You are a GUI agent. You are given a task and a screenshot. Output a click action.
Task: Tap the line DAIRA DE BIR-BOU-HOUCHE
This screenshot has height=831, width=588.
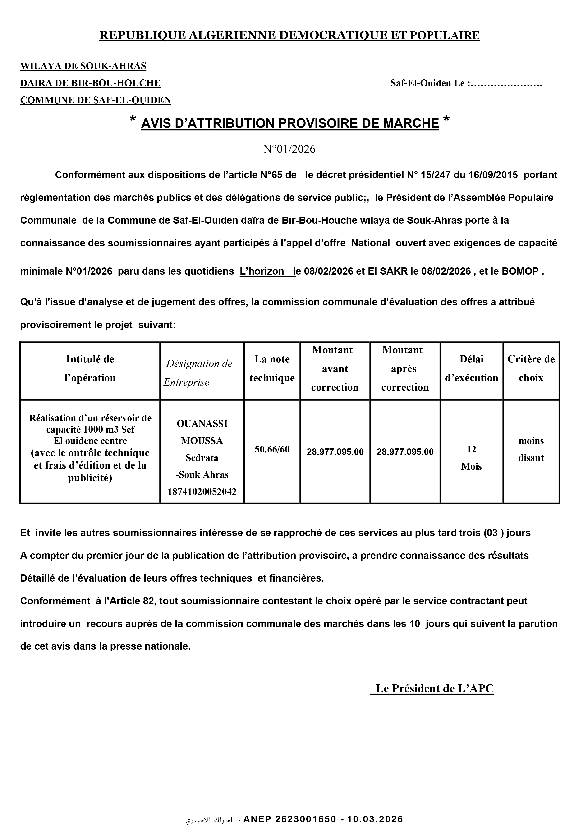click(x=90, y=83)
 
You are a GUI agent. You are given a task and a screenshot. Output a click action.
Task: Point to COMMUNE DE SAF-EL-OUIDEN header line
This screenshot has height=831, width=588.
click(x=95, y=100)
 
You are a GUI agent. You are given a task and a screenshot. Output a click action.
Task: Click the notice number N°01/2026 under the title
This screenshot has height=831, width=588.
click(x=289, y=149)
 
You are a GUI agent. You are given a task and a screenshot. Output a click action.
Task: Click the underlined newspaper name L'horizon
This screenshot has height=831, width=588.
click(x=262, y=271)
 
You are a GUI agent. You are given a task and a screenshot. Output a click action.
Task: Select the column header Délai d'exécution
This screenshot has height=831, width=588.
click(x=471, y=368)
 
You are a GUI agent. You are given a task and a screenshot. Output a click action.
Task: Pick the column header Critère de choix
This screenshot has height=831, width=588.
click(x=531, y=368)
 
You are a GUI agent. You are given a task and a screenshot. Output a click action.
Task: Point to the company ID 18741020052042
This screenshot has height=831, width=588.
click(x=202, y=492)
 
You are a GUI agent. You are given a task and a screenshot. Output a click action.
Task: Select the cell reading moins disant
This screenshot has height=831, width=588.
click(x=531, y=449)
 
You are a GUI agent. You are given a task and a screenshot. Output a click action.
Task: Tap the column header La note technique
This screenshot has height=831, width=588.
click(x=272, y=368)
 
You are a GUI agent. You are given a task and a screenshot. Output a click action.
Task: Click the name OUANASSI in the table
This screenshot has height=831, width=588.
click(x=202, y=424)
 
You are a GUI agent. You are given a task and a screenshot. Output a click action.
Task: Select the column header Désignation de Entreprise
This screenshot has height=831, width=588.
click(x=199, y=373)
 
